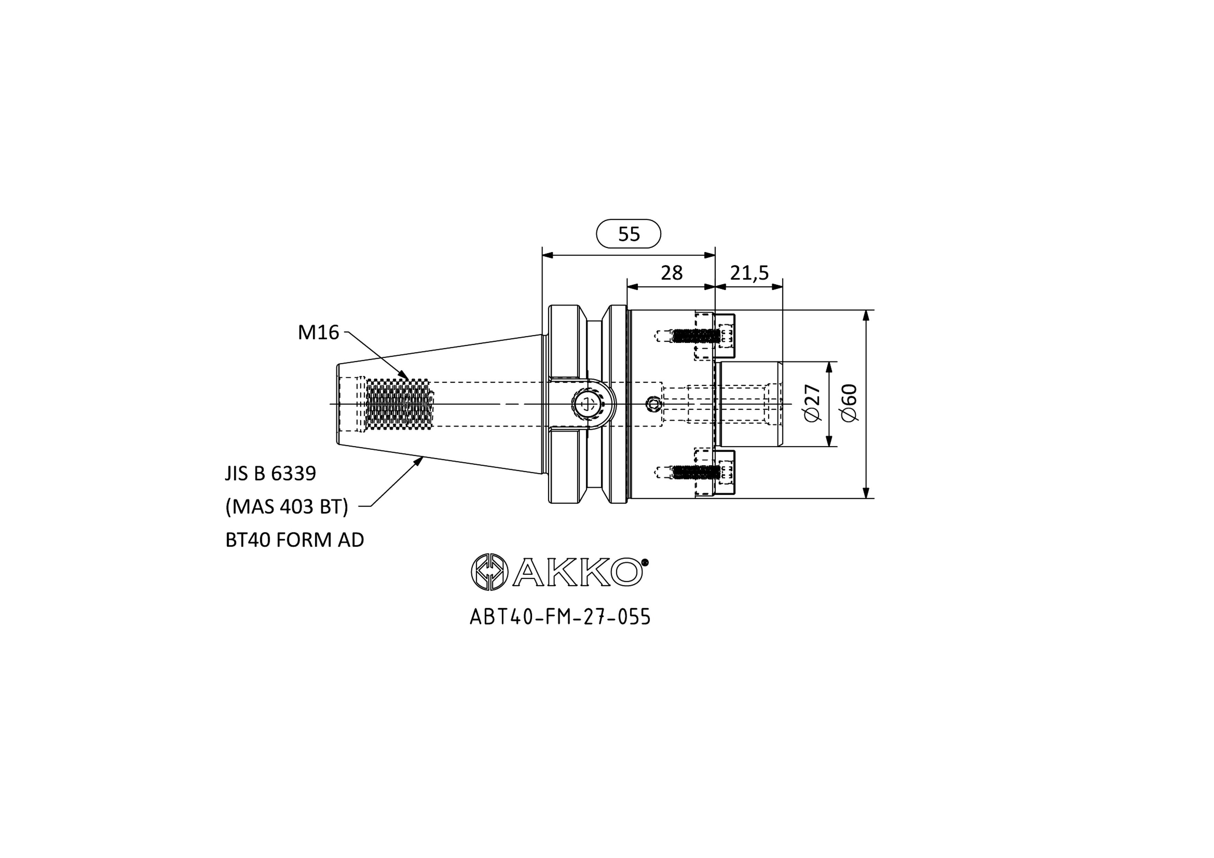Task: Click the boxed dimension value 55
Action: coord(629,234)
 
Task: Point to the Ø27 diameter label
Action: coord(812,403)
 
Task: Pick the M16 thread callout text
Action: coord(318,332)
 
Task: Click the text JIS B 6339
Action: coord(271,473)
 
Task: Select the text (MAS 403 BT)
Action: coord(287,506)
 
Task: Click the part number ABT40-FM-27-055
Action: coord(560,617)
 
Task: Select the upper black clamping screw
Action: coord(696,336)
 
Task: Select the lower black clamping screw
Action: coord(696,472)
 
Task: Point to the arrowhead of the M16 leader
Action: coord(405,375)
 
